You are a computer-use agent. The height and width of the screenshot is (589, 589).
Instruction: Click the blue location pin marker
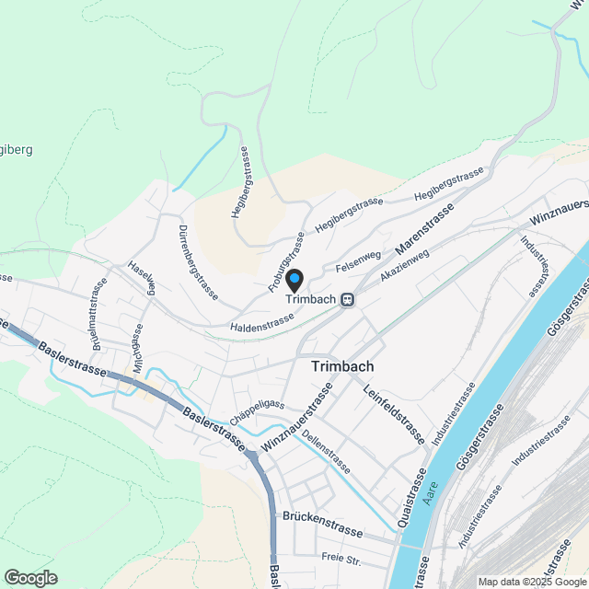(294, 279)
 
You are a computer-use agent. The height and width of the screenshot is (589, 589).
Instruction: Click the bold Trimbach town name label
(342, 366)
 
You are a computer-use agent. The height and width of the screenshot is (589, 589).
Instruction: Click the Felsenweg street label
(358, 261)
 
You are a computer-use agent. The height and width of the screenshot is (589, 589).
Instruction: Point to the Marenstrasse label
(424, 232)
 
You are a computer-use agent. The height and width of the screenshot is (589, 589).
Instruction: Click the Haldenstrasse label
(261, 318)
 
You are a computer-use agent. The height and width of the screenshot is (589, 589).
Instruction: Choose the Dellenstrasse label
(326, 452)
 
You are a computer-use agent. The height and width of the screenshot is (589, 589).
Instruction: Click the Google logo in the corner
(30, 577)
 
